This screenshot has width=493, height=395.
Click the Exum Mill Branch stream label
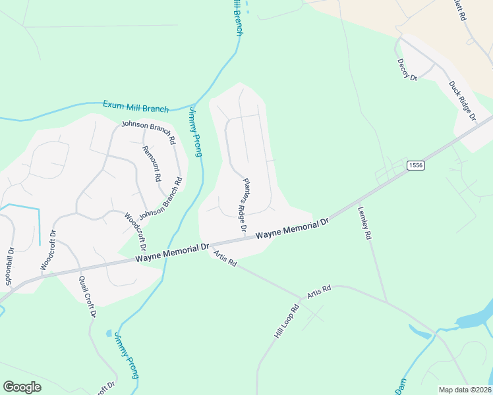[x=136, y=107]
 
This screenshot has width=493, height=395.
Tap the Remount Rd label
[x=152, y=163]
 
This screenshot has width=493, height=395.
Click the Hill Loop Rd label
[x=287, y=321]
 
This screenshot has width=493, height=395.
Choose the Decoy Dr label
[x=407, y=69]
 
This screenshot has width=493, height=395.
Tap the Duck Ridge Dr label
[x=463, y=101]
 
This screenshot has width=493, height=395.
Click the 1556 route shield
[x=415, y=165]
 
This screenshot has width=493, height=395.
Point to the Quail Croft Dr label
[x=87, y=296]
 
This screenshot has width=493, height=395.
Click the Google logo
[x=22, y=386]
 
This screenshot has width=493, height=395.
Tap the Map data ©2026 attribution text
[x=464, y=390]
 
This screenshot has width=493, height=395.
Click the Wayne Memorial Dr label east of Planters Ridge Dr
[x=292, y=230]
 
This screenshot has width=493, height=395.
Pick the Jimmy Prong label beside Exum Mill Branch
[x=195, y=132]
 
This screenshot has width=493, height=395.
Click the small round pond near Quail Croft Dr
[x=109, y=333]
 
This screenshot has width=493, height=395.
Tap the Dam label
[x=400, y=386]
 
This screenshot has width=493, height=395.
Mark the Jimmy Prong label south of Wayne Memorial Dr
[x=126, y=355]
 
